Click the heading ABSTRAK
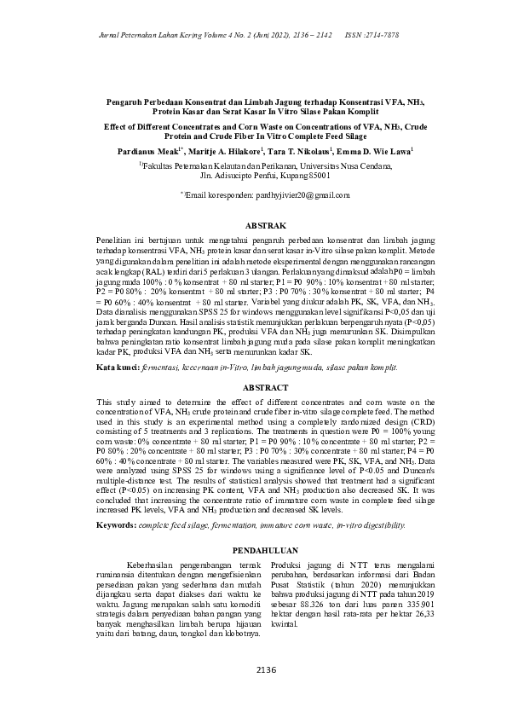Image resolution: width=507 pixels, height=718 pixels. [x=253, y=226]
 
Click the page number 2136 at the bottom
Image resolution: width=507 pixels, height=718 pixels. [x=253, y=670]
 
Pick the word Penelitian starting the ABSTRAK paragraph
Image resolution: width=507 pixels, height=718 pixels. [x=115, y=242]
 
